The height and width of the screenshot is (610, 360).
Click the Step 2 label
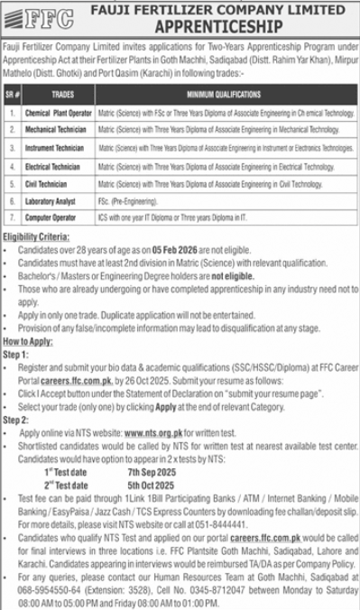pyautogui.click(x=17, y=421)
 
